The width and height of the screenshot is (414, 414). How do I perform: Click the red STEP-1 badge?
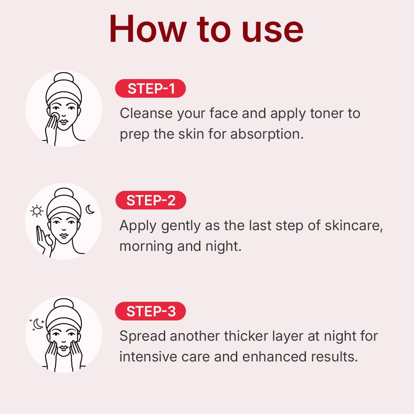coord(150,89)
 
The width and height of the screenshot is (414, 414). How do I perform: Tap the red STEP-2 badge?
coord(151,200)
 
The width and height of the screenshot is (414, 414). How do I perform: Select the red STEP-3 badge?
coord(150,311)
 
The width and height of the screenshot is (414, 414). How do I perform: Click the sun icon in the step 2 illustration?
coord(37,212)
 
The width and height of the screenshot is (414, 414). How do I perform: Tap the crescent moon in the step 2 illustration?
coord(90,209)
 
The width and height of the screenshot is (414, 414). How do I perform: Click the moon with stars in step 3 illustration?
coord(37,324)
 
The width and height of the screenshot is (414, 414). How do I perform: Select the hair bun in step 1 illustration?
coord(63,80)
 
